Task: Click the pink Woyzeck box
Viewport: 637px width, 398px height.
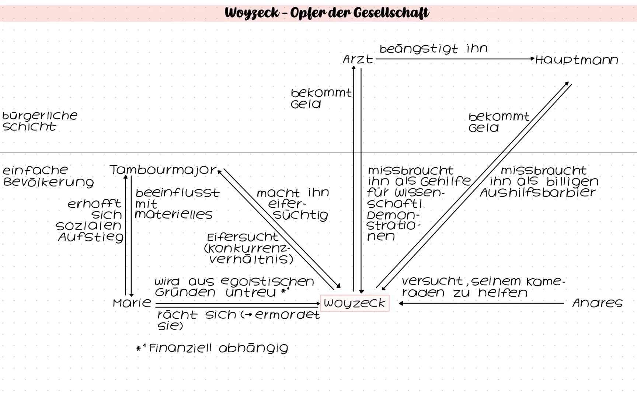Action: [x=354, y=303]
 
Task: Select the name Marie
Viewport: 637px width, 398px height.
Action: [x=132, y=303]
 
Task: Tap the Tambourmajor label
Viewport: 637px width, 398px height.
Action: [x=163, y=170]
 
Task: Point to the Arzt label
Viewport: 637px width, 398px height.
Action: [x=358, y=59]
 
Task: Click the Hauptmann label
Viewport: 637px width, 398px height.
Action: [x=577, y=60]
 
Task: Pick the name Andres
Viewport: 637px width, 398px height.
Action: [x=597, y=303]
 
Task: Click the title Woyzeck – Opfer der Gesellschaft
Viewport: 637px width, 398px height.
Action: [x=327, y=13]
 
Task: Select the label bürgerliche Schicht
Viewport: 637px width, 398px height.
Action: [x=39, y=121]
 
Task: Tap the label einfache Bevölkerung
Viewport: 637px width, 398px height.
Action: [x=48, y=176]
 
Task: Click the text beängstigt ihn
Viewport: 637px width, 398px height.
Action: [x=433, y=49]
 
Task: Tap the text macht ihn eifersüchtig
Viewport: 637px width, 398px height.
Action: [x=293, y=204]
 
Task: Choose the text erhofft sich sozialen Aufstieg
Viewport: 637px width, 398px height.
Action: [x=90, y=220]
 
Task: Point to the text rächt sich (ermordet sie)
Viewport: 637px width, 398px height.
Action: [x=238, y=320]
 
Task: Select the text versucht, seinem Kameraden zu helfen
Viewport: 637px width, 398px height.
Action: [x=483, y=287]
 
